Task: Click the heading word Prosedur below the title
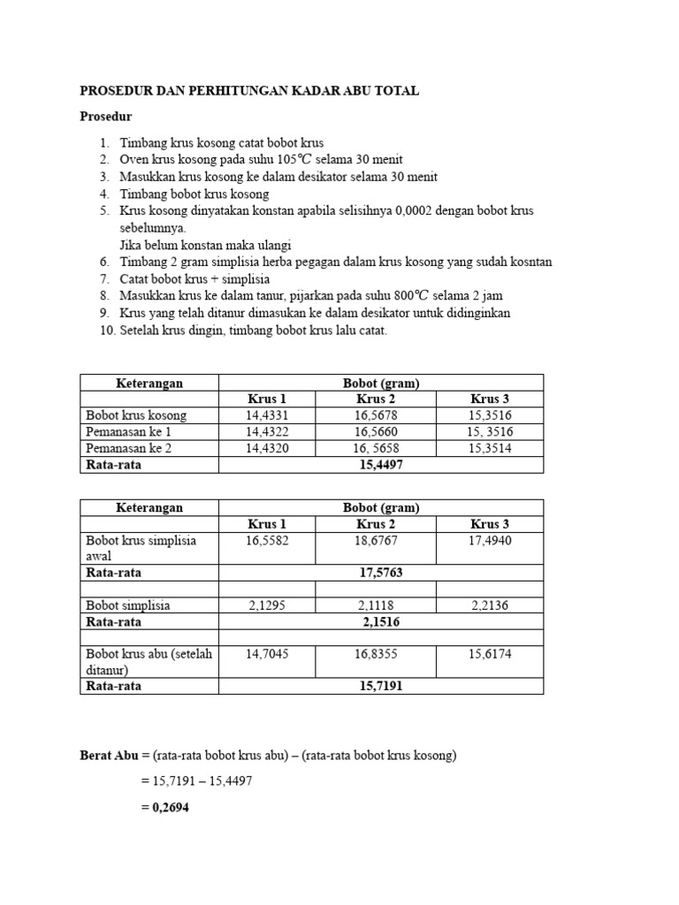point(106,117)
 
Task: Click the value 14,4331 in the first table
point(266,415)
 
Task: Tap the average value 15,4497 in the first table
point(381,465)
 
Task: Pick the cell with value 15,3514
point(491,448)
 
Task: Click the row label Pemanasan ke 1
point(128,432)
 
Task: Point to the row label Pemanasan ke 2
point(128,448)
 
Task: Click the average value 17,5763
point(381,573)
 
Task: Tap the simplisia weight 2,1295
point(266,605)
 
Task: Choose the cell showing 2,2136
point(491,605)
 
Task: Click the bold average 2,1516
point(381,621)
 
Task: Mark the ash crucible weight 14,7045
point(266,655)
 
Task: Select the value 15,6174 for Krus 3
point(491,655)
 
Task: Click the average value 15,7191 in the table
point(381,686)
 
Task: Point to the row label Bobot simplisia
point(128,605)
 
